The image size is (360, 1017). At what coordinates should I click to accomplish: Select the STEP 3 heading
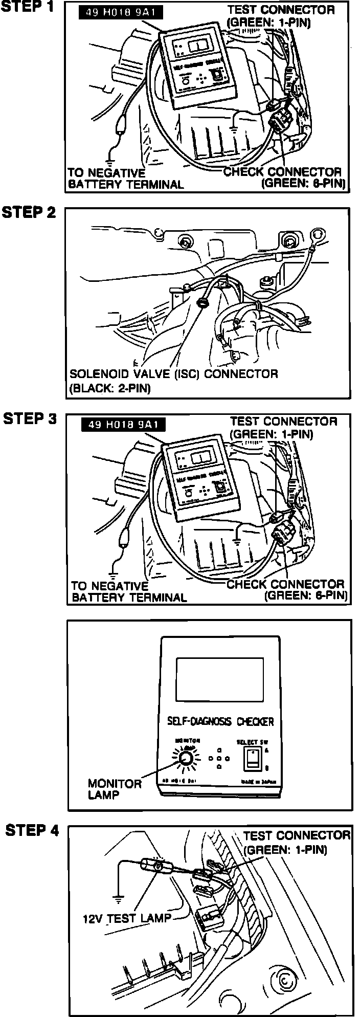[30, 418]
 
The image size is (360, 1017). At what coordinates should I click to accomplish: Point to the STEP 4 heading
[32, 830]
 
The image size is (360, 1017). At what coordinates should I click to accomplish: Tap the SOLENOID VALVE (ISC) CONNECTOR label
[173, 374]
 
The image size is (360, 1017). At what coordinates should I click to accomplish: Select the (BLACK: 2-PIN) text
[110, 388]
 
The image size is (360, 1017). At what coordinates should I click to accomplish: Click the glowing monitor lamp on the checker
[187, 758]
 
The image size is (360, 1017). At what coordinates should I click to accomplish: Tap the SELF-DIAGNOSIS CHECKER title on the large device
[220, 722]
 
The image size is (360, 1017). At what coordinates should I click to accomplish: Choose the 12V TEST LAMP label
[127, 918]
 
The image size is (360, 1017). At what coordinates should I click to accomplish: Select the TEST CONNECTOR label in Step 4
[297, 836]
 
